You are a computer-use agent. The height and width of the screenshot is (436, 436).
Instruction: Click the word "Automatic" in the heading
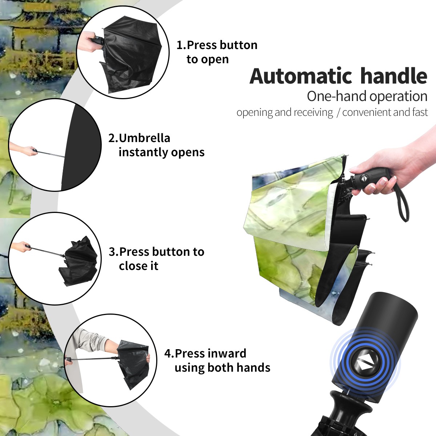coord(300,76)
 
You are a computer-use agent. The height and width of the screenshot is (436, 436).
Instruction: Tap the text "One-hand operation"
coord(367,96)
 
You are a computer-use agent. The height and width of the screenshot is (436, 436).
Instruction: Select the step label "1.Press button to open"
coord(217,52)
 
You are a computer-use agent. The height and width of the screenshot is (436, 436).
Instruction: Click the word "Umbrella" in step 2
coord(144,138)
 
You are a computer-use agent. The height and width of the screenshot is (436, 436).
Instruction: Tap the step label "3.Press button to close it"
coord(156,259)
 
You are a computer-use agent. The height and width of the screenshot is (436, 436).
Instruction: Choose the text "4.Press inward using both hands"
coord(217,360)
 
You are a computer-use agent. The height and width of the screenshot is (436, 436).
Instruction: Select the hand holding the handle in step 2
coord(25,150)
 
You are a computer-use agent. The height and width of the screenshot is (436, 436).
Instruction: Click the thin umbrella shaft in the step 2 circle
coord(51,154)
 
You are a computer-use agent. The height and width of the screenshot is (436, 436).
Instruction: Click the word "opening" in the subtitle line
coord(255,112)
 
